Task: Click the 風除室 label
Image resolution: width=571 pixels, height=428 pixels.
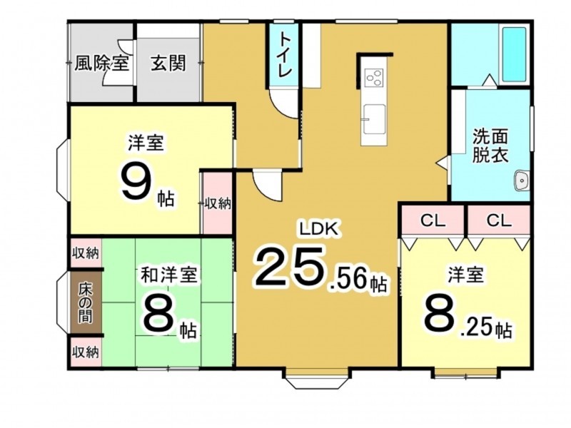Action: click(101, 63)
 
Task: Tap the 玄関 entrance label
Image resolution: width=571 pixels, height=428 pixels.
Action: click(168, 63)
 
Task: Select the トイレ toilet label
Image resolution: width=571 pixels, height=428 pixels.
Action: click(284, 55)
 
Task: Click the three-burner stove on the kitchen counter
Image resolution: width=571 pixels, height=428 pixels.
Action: click(374, 78)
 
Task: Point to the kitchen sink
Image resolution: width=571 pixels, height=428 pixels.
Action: click(374, 119)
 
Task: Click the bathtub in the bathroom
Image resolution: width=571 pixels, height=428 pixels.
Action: click(514, 55)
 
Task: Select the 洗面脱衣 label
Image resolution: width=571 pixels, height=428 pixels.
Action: click(490, 146)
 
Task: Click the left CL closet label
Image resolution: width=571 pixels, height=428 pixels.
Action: click(433, 220)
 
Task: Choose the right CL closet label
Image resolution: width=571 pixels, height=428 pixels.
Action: click(499, 220)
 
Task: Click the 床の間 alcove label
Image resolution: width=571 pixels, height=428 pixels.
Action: click(86, 302)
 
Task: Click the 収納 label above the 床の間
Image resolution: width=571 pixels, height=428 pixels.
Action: click(86, 253)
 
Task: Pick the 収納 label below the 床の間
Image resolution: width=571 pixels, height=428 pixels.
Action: click(86, 352)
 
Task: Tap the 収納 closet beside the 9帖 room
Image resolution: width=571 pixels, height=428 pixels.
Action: click(218, 204)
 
